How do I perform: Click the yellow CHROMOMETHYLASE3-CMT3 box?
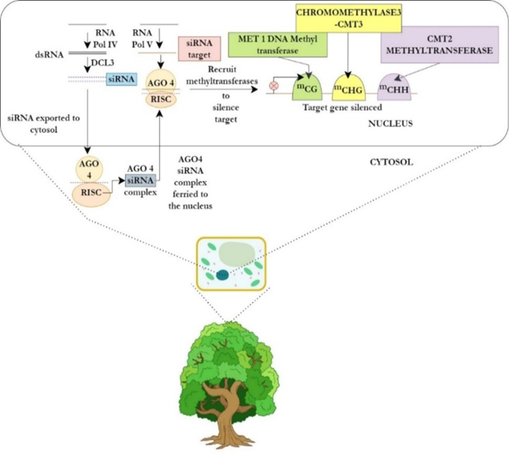[349, 19]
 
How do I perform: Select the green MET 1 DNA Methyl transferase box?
[278, 45]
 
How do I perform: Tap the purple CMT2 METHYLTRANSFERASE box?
[439, 45]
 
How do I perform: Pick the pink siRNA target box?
[200, 49]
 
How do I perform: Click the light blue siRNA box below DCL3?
[121, 79]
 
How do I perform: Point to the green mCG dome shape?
[307, 87]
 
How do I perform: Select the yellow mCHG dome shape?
[349, 87]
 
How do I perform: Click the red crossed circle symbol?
[275, 87]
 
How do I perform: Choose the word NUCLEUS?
[390, 124]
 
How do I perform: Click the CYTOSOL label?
[391, 162]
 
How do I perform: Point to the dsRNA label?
[50, 54]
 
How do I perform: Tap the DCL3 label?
[103, 63]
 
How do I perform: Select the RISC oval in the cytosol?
[91, 194]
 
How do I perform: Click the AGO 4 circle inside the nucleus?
[161, 82]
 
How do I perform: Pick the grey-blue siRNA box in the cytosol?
[140, 180]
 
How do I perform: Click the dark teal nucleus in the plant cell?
[223, 275]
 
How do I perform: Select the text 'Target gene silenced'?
[342, 108]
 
